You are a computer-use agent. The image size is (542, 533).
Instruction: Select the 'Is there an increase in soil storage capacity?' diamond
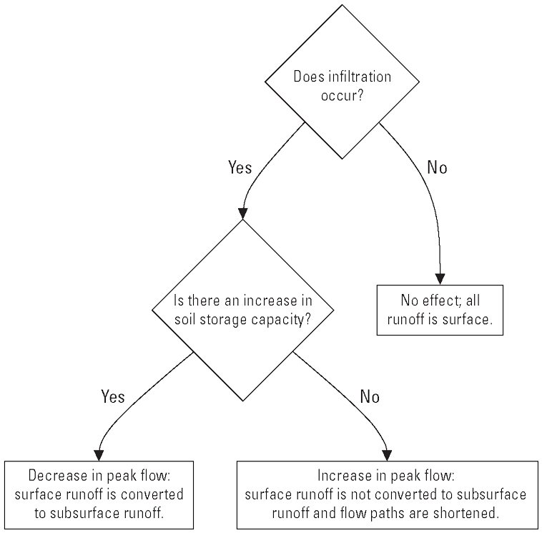point(244,309)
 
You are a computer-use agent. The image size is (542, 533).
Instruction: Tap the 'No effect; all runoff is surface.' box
point(439,310)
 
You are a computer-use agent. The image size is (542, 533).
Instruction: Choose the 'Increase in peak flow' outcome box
point(387,494)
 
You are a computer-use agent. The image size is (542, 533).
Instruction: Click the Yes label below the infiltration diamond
point(240,167)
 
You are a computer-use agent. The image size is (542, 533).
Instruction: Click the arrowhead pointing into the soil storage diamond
point(243,213)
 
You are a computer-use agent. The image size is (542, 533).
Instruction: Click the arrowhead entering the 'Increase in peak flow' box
point(387,454)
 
